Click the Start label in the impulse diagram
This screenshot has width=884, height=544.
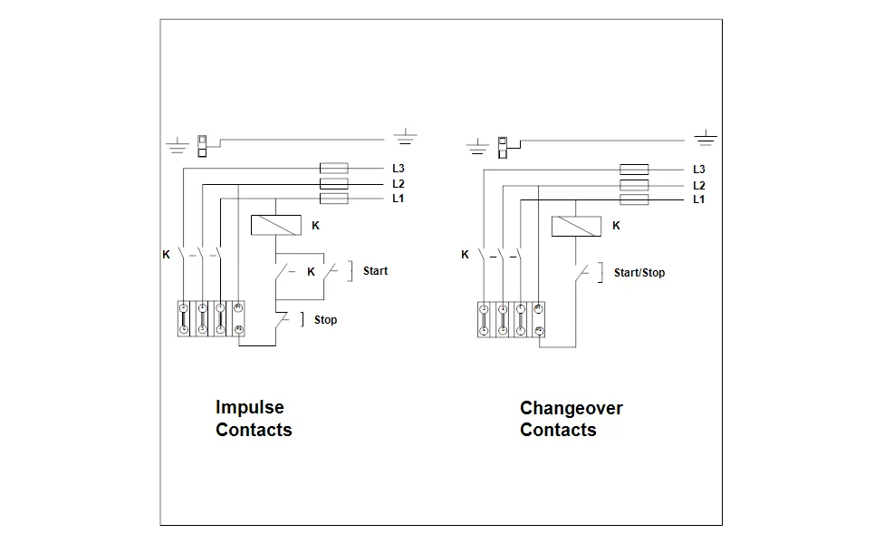(375, 271)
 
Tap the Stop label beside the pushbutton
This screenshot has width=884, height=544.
(325, 320)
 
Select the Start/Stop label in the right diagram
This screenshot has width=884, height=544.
(639, 273)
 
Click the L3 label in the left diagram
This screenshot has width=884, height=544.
(399, 169)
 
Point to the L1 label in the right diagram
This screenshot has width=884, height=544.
(698, 199)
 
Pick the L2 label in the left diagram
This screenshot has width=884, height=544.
(399, 184)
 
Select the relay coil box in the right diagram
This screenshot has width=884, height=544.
(576, 226)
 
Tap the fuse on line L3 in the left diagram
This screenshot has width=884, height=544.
(335, 169)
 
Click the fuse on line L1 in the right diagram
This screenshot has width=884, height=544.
(634, 199)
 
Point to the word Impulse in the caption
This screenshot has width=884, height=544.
(249, 408)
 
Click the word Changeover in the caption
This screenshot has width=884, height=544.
(571, 408)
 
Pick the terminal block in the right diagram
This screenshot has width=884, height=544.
(512, 319)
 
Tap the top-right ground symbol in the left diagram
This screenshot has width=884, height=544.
(405, 138)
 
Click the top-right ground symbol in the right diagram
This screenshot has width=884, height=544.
(705, 138)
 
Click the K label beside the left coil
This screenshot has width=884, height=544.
(315, 226)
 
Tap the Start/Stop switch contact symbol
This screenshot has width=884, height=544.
(583, 272)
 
